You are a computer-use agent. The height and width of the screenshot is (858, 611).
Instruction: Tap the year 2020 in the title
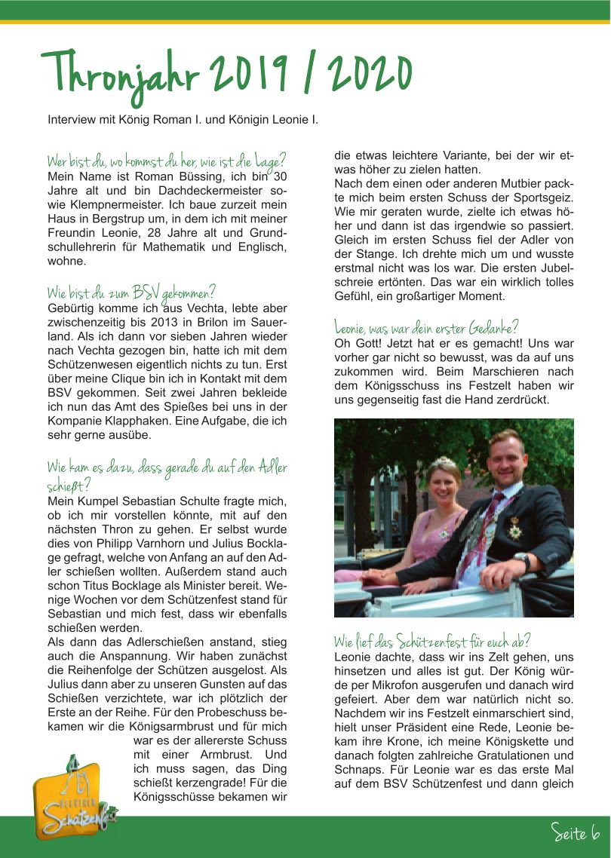(370, 75)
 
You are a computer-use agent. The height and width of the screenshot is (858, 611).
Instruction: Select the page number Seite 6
(575, 832)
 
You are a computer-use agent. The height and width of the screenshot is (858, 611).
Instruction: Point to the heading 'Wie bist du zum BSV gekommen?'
(131, 293)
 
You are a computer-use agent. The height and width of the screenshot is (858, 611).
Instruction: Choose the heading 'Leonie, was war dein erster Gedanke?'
(426, 328)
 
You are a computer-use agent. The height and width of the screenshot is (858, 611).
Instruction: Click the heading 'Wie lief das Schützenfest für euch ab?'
(432, 642)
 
